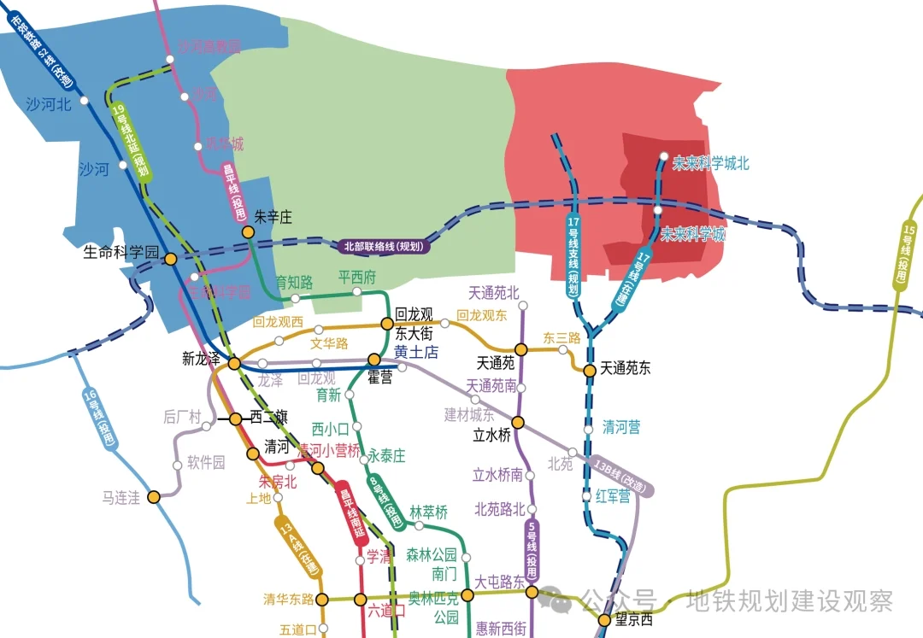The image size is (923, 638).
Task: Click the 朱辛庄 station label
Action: (x=273, y=218)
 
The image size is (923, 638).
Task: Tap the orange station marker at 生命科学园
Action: (x=171, y=259)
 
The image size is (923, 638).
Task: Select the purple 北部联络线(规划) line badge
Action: (x=383, y=246)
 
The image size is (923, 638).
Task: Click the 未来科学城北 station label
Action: (x=711, y=163)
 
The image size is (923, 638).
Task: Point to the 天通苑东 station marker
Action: (x=589, y=370)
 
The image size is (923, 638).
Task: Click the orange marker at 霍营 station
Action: (x=373, y=360)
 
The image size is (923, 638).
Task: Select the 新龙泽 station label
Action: (x=202, y=359)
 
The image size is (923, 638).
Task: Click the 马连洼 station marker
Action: (x=154, y=497)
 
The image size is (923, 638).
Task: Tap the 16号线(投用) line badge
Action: (x=99, y=420)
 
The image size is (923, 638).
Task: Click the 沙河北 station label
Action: (x=50, y=105)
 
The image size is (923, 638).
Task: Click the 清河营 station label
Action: (x=621, y=428)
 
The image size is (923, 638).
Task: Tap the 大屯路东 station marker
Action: (x=532, y=592)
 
